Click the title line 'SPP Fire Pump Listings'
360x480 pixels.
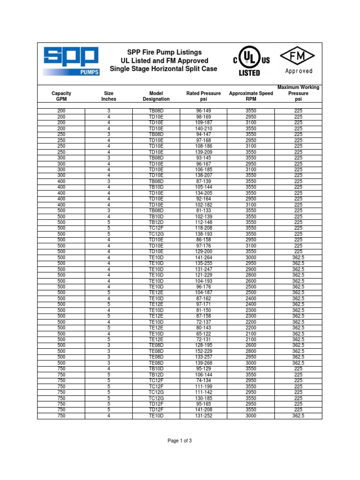165,52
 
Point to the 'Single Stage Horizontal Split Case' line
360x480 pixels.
164,69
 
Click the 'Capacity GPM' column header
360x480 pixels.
61,96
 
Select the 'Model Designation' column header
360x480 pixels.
156,96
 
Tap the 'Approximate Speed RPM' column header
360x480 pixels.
251,96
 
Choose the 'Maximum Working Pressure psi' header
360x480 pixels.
299,93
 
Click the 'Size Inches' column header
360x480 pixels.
109,96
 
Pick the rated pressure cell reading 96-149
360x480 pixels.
203,111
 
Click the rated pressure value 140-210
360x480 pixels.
203,128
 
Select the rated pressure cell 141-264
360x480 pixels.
203,257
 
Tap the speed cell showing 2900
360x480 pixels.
251,269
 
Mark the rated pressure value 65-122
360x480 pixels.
203,334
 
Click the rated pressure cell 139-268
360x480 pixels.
203,363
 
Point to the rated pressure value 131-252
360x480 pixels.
203,416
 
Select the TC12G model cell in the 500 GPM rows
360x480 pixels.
156,234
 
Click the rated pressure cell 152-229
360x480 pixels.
203,351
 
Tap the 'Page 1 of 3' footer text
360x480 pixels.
180,441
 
